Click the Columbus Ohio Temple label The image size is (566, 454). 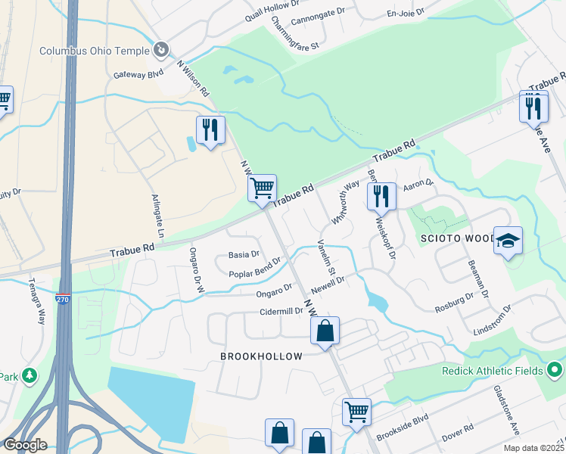95,51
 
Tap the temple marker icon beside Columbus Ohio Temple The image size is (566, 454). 160,51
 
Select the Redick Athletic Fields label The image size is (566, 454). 493,371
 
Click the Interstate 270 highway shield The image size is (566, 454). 63,300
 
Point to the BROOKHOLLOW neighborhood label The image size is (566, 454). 261,356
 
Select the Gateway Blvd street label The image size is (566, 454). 138,74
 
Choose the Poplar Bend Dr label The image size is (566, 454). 254,268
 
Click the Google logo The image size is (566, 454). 24,445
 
